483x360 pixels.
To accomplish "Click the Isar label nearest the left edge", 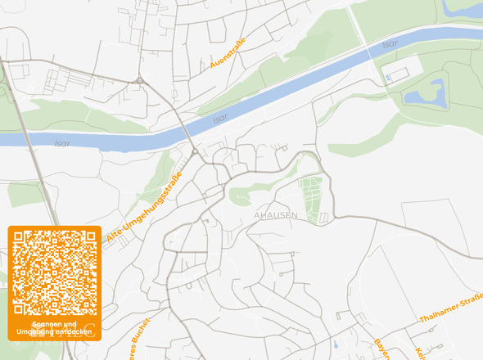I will (x=62, y=143).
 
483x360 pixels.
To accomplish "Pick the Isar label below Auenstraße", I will (x=219, y=119).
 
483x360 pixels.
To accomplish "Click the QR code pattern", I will (x=54, y=273).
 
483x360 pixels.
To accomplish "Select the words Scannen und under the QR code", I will (x=54, y=324).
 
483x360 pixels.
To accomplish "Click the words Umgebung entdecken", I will (x=54, y=331).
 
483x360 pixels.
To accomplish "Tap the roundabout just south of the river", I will (x=195, y=151).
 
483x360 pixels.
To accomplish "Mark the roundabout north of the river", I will (x=141, y=80).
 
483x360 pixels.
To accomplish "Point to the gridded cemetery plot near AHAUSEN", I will (x=311, y=199).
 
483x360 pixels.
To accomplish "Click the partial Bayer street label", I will (x=382, y=349).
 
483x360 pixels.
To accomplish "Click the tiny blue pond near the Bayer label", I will (x=335, y=344).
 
